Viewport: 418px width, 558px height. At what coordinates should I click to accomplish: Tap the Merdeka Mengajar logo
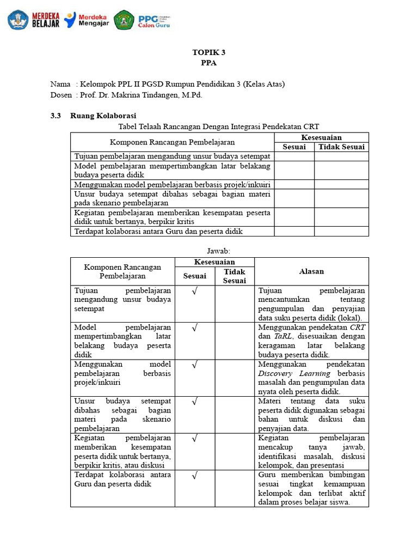coord(87,20)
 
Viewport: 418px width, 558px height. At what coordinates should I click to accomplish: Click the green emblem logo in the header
coord(124,20)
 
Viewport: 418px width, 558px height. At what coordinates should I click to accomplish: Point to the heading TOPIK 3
coord(208,52)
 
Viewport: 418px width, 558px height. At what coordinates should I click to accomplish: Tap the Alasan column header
coord(311,271)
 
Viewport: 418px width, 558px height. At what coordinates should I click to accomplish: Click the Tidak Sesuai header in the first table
coord(341,147)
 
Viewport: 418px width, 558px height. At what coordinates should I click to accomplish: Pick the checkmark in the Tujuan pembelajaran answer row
coord(194,290)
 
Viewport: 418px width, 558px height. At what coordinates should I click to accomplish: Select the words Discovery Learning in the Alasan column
coord(294,373)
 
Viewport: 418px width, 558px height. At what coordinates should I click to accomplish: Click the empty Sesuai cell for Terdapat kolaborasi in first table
coord(294,232)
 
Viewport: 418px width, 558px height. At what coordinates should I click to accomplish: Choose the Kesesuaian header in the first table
coord(321,137)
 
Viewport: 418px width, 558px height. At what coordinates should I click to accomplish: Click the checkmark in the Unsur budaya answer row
coord(194,401)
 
